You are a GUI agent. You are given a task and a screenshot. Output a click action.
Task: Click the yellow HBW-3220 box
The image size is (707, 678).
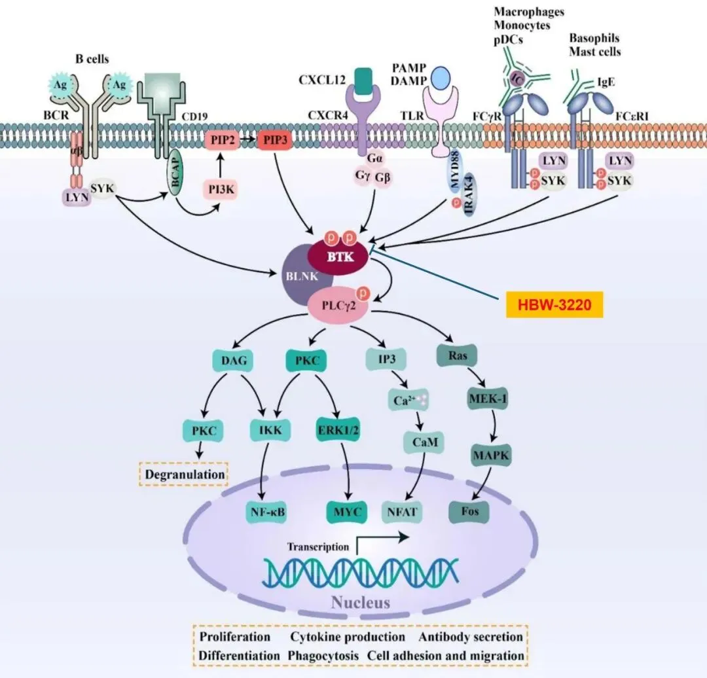(x=554, y=305)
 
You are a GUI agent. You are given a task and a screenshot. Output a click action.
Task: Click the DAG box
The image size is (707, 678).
(x=229, y=360)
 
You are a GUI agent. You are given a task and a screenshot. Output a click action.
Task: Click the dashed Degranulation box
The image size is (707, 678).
(x=183, y=473)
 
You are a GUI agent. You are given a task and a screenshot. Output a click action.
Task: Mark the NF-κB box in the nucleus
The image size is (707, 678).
(x=268, y=511)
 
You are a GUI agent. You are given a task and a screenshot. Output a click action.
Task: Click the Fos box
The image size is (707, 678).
(x=469, y=512)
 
